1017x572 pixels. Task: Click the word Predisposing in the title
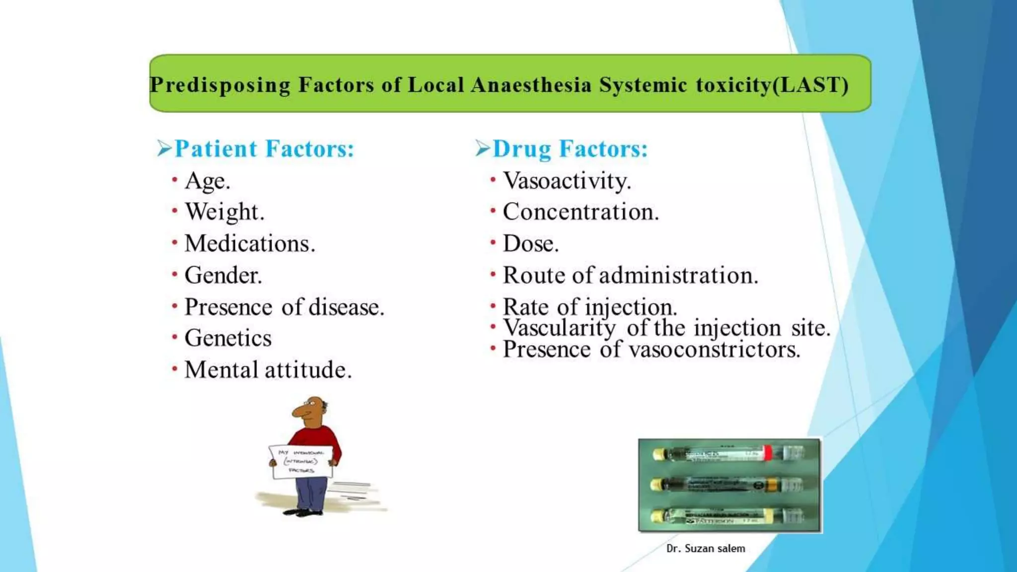point(220,85)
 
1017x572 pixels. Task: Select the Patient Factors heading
point(264,149)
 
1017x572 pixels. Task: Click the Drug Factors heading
point(570,149)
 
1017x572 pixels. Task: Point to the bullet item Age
point(207,181)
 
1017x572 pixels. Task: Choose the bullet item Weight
point(224,212)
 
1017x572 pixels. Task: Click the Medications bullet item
point(250,244)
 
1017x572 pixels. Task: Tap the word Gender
point(223,276)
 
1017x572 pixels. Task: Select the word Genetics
point(228,339)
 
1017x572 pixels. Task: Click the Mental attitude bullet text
point(268,370)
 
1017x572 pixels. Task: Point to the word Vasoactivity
point(567,181)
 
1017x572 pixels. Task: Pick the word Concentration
point(581,212)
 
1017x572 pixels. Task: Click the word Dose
point(530,244)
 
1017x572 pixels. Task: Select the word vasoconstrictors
point(715,350)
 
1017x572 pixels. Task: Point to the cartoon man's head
point(310,411)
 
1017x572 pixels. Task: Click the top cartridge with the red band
point(729,453)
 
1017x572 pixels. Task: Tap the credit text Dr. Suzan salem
point(706,549)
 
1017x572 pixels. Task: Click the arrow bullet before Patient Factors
point(164,148)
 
